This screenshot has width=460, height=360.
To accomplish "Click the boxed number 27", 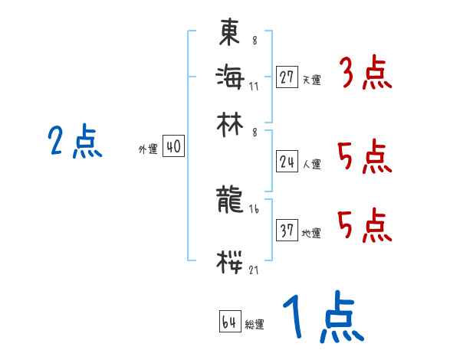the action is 287,78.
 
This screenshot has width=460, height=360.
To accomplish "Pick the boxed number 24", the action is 287,162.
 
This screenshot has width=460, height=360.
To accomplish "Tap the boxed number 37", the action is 287,231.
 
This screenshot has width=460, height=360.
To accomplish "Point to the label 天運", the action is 311,80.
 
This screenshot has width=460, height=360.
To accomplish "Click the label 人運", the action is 311,164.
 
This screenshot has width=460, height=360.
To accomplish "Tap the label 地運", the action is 311,233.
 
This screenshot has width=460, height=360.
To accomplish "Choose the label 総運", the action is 255,325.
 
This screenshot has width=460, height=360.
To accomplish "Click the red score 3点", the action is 365,76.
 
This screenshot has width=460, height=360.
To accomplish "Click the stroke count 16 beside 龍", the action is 253,209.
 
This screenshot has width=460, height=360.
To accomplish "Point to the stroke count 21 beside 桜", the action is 254,270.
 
